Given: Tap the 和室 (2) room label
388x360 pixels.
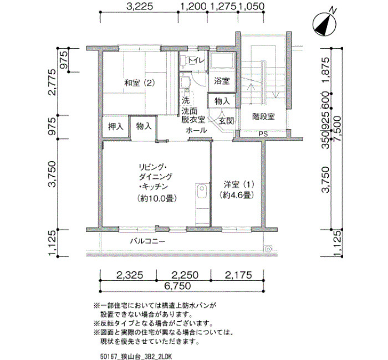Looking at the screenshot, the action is (x=140, y=83).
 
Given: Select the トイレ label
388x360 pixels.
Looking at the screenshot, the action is (x=196, y=60).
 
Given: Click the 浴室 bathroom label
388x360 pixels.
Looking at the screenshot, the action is (x=222, y=81).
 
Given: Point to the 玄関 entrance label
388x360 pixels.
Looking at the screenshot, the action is (x=226, y=121).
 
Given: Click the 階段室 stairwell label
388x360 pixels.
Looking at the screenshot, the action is (x=263, y=116).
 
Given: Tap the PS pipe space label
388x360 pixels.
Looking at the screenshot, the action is (x=263, y=134).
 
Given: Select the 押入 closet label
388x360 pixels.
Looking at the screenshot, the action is (x=115, y=127).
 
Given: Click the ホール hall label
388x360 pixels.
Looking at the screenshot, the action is (x=196, y=130).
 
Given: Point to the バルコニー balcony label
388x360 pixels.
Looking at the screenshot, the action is (x=147, y=241).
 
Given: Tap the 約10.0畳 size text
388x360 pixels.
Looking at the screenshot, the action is (x=157, y=198).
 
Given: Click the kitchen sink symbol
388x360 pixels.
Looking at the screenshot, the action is (x=202, y=191).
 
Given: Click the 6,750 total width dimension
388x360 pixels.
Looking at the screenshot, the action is (x=178, y=286).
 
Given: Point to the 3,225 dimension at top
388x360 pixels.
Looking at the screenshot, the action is (x=140, y=6).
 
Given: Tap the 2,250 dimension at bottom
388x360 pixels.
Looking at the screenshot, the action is (x=185, y=275).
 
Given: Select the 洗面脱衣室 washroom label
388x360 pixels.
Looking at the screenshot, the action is (x=193, y=115).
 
